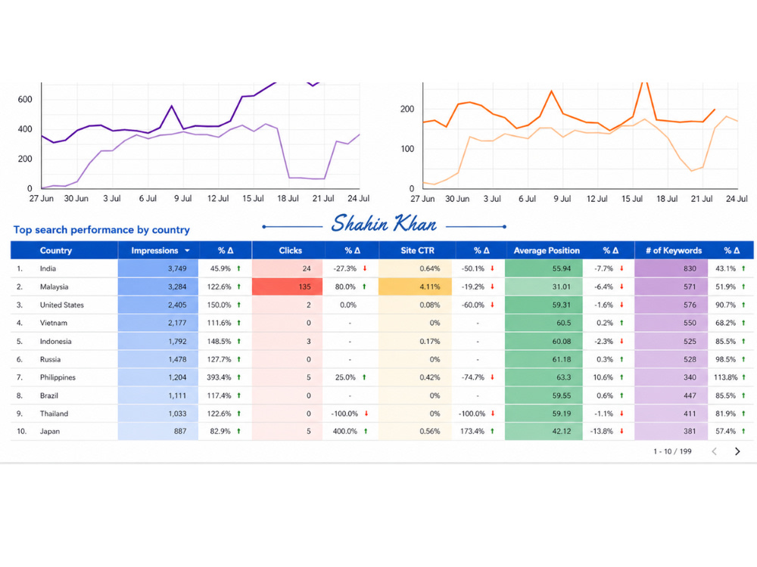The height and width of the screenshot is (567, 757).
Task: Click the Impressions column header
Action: [x=154, y=250]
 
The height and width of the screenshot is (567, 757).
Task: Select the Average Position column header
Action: [x=547, y=250]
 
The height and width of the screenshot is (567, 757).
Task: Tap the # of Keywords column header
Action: [x=674, y=250]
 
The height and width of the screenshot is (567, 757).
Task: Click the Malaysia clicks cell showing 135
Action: [x=287, y=287]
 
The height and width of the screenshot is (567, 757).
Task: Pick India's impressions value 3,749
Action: [x=177, y=268]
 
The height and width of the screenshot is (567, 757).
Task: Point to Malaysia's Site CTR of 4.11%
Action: [x=430, y=287]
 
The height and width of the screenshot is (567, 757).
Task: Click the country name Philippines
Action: [x=58, y=377]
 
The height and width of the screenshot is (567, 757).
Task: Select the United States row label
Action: [x=62, y=305]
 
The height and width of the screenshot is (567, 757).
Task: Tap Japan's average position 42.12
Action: [x=562, y=432]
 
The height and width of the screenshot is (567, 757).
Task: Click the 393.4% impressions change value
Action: [x=219, y=377]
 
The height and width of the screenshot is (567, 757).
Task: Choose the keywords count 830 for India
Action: [x=690, y=268]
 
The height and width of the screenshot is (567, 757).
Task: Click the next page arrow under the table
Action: [x=737, y=451]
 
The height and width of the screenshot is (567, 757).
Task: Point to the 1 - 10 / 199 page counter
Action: [x=672, y=451]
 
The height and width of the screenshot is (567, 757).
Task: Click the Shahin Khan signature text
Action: [x=384, y=224]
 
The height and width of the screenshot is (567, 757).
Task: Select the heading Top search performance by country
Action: [x=101, y=230]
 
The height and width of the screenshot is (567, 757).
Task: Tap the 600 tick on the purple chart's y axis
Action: [x=25, y=99]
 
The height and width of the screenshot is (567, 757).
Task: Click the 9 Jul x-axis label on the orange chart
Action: [x=562, y=199]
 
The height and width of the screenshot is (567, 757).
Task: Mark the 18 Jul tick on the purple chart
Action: [x=288, y=198]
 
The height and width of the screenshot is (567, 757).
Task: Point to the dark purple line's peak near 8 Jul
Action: [x=171, y=106]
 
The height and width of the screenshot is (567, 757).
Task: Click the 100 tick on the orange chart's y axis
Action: [x=407, y=149]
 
